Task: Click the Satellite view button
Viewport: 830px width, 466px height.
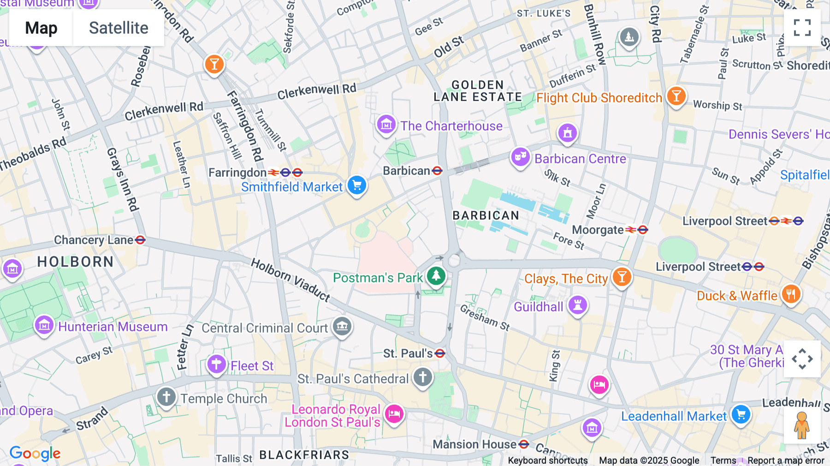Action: [119, 28]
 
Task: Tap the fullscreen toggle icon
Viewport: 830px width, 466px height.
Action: [802, 28]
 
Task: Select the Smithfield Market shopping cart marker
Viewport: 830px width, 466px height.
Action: [356, 185]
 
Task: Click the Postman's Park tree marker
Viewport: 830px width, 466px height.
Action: [436, 276]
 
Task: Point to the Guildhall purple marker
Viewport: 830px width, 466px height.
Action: [577, 305]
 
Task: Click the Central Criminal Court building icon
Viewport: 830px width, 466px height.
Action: [342, 327]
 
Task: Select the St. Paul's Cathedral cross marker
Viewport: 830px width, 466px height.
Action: [422, 377]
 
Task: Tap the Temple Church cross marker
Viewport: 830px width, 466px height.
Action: [166, 397]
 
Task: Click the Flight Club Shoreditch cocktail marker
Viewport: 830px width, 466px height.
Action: [676, 96]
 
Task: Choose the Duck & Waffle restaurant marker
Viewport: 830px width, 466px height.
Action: [791, 294]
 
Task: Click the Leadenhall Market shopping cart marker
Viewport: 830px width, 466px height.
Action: [741, 414]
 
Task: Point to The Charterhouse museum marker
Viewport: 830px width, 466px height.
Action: [386, 125]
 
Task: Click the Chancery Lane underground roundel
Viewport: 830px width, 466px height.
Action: [140, 240]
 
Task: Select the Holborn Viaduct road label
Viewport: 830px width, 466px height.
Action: [290, 280]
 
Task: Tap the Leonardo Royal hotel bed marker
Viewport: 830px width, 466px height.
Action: [394, 414]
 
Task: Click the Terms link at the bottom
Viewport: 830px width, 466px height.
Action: [723, 460]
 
